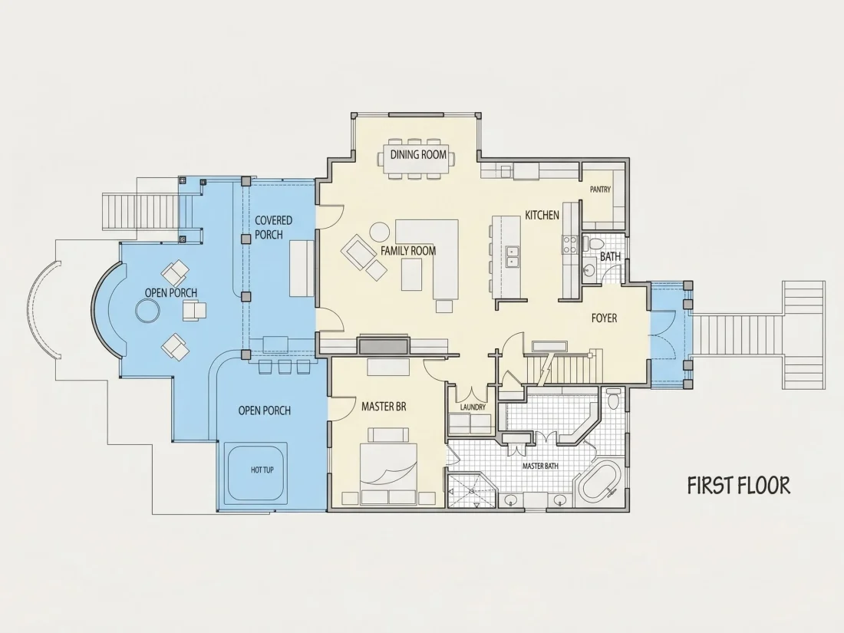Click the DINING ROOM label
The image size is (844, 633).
[418, 154]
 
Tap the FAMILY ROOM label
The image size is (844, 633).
[408, 250]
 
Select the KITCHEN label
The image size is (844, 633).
[542, 216]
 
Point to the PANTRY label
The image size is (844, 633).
[600, 190]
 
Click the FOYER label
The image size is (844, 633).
[604, 318]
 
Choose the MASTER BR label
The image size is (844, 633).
[384, 407]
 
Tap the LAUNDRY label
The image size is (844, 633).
[473, 407]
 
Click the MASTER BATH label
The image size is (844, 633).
[540, 467]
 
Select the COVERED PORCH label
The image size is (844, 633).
[273, 227]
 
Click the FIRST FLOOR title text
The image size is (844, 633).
[738, 486]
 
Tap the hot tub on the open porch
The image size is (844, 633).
[256, 472]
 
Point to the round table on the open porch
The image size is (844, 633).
[147, 311]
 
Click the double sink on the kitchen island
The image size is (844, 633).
[512, 256]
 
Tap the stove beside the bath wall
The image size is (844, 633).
[569, 245]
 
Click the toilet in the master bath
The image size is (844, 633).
[612, 398]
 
